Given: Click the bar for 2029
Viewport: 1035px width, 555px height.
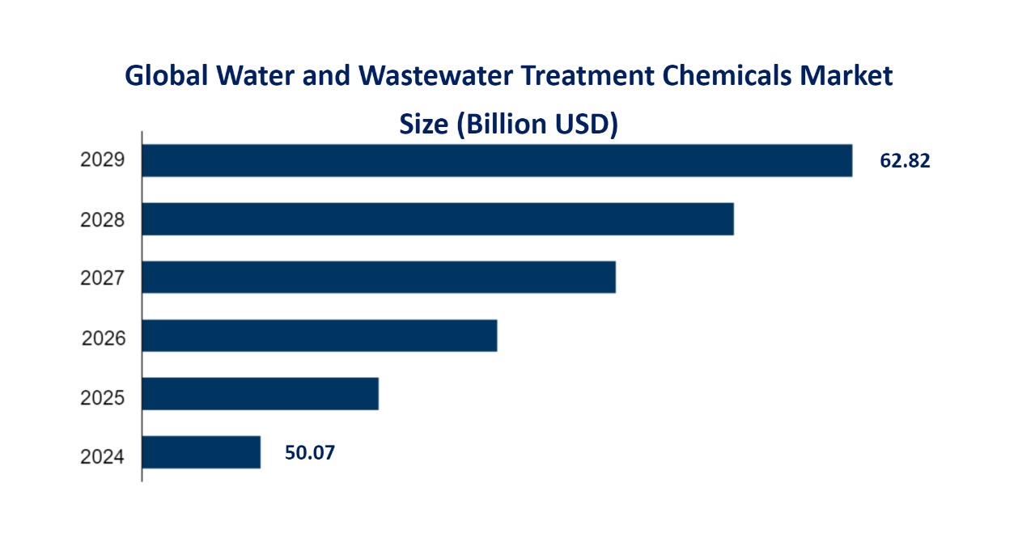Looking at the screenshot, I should point(497,160).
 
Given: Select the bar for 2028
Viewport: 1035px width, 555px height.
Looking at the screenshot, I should point(438,219).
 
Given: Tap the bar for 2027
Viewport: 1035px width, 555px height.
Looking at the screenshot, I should point(379,277).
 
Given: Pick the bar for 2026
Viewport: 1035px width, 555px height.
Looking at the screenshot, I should point(320,336).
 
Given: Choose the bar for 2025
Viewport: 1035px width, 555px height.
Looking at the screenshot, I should point(261,394).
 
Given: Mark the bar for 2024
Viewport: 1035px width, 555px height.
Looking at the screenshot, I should point(201,452).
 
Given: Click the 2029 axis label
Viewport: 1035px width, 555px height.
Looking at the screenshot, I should point(103,160).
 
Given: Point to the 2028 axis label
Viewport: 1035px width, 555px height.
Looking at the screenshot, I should point(103,219).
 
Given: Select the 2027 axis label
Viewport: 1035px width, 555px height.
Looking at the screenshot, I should point(103,278).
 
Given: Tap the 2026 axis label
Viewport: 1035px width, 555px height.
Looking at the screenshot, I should point(104,337).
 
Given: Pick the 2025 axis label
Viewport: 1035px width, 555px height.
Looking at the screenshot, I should point(103,397).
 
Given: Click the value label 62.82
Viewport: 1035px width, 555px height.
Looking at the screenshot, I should point(905,161).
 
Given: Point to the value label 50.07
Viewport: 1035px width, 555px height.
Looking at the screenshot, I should point(310,453).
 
